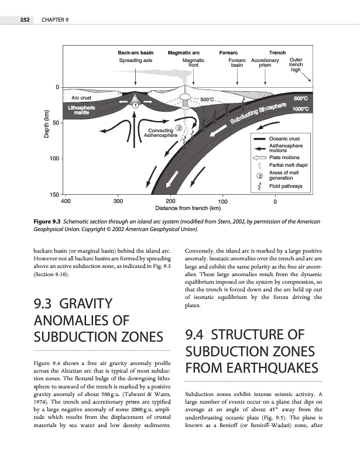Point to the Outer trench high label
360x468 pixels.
coord(296,64)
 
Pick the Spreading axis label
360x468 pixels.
coord(135,60)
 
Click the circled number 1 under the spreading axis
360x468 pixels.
coord(135,105)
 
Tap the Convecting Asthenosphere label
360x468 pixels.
coord(160,132)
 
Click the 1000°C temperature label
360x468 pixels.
coord(301,109)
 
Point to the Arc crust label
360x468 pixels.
coord(81,97)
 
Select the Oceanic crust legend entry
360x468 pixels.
coord(284,138)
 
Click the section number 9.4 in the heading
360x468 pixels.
coord(196,335)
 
